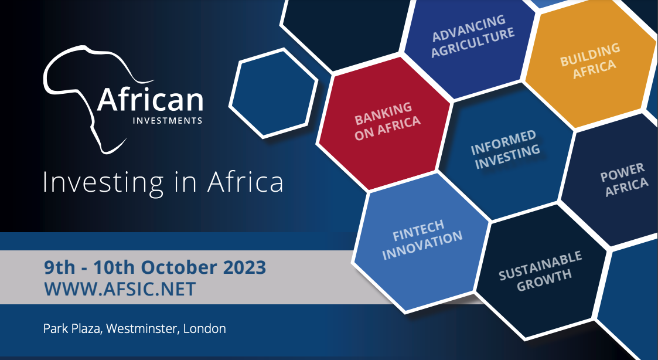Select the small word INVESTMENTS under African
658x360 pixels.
click(168, 121)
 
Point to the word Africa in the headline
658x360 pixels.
click(245, 181)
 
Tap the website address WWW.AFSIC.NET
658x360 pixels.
click(120, 289)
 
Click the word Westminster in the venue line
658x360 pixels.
click(144, 328)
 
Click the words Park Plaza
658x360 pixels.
click(72, 328)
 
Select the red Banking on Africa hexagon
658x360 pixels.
click(383, 122)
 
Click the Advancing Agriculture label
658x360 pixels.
click(472, 36)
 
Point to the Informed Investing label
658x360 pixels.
click(505, 150)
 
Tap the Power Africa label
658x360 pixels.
click(624, 179)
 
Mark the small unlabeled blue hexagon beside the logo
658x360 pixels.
click(273, 93)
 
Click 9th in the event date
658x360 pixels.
click(60, 267)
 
